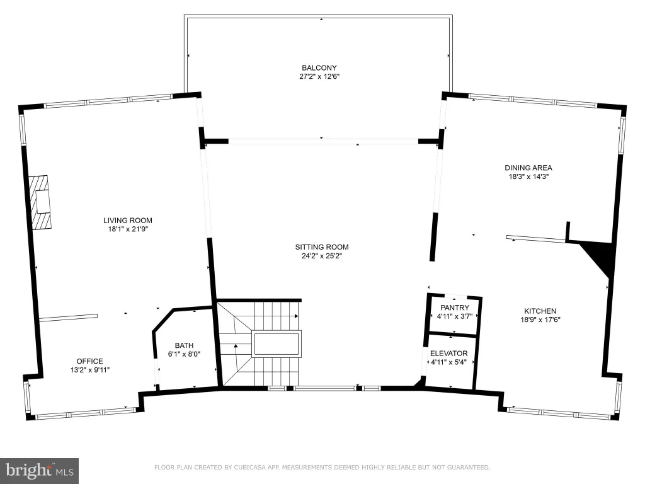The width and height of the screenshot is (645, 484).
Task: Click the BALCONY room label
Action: coord(319,68)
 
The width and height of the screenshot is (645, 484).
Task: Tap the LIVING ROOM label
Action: coord(127,221)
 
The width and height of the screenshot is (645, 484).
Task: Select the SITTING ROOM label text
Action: coord(322,247)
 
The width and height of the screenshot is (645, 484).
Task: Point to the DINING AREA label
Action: coord(528,168)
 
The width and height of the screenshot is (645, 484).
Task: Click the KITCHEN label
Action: coord(540,311)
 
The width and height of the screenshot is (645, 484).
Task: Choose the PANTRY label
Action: coord(455,308)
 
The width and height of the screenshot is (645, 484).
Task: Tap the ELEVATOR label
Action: coord(448,354)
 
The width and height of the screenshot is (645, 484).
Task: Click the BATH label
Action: coord(184,346)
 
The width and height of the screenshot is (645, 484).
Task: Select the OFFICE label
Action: coord(89,361)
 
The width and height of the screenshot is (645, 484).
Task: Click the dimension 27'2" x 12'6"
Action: coord(319,76)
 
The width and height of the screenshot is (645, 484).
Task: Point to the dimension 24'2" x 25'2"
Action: coord(322,256)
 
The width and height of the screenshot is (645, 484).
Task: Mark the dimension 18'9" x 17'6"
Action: coord(540,320)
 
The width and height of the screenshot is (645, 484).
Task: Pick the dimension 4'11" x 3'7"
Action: coord(455,316)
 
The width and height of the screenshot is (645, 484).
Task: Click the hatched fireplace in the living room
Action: coord(40,202)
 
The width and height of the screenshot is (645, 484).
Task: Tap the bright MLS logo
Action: coord(40,471)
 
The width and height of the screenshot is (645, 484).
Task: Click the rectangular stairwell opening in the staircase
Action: coord(277,344)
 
